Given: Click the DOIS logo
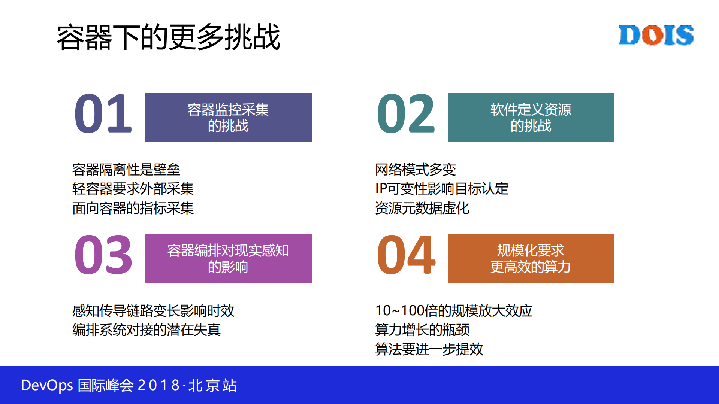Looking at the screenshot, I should (656, 35).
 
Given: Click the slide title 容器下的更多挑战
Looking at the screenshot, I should (169, 37).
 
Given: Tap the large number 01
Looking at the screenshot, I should (103, 114).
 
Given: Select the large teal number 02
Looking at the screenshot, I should (406, 114).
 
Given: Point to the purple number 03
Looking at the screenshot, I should (103, 255).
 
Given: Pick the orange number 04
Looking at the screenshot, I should (406, 255).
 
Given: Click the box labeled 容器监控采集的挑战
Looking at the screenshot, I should (228, 118).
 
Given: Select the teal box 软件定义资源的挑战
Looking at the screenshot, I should (531, 118).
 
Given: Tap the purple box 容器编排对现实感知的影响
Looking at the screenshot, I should (228, 259).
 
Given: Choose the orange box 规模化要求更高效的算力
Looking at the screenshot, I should (531, 259).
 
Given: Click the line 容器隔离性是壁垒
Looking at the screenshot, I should (126, 170).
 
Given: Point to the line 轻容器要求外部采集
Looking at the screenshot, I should (133, 189).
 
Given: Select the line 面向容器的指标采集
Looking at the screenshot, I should (133, 209).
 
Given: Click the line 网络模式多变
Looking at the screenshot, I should (416, 170).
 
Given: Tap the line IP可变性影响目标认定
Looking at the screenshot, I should (442, 189).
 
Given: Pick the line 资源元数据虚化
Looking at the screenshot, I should (422, 209).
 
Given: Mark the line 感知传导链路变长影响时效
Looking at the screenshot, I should (153, 311).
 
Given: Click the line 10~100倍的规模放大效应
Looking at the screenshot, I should (454, 311).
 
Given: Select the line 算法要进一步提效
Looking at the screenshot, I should (429, 350).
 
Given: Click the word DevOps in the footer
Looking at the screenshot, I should (47, 386).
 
